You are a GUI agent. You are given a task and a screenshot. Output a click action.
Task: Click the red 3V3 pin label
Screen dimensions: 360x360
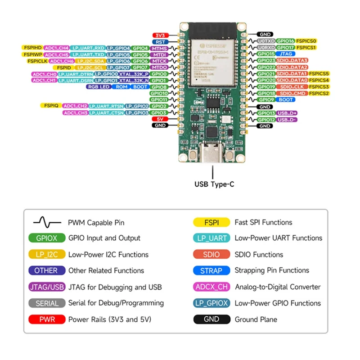click(x=160, y=35)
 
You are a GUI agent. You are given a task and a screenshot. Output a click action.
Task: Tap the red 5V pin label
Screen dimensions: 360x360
click(x=160, y=119)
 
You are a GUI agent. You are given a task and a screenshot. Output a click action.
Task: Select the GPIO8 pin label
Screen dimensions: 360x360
click(x=159, y=87)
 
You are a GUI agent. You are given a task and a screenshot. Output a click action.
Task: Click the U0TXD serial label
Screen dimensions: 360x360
click(x=265, y=41)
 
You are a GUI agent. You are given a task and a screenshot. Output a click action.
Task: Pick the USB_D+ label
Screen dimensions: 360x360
click(x=287, y=113)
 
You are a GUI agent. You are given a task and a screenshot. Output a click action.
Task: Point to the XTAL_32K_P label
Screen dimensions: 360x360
click(x=134, y=74)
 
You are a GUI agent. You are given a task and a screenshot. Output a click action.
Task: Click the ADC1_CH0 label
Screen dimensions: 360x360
click(x=44, y=74)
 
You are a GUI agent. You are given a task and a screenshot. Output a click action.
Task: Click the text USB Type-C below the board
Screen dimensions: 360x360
click(x=214, y=184)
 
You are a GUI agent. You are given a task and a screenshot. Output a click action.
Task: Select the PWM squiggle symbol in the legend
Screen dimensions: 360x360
click(x=46, y=222)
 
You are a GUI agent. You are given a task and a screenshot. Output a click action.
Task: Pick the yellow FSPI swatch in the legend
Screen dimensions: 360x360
click(x=211, y=222)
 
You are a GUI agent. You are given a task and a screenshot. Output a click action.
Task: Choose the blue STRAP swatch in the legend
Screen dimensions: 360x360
click(x=211, y=270)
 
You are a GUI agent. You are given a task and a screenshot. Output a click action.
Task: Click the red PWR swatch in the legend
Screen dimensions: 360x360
click(x=47, y=319)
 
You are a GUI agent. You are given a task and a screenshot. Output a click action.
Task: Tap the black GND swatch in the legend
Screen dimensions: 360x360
click(x=211, y=319)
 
